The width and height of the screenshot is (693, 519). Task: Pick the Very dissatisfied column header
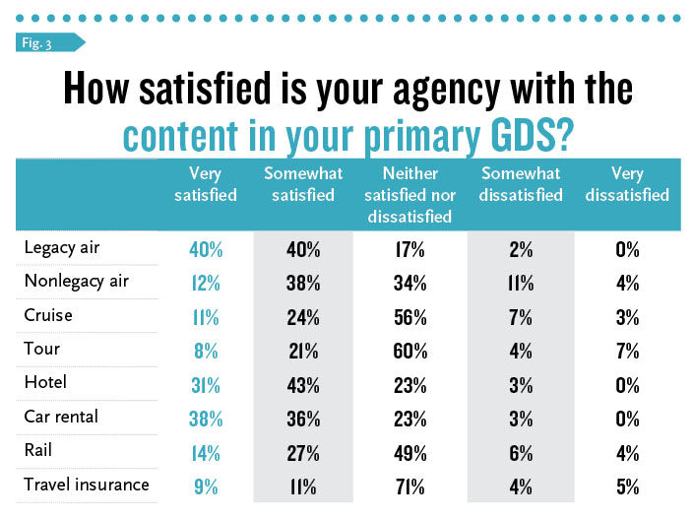pos(627,184)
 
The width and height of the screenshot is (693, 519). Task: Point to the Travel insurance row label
pos(87,484)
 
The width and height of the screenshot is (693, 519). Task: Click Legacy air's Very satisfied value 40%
pos(206,250)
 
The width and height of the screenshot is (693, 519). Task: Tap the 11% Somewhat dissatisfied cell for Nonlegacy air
pos(520,284)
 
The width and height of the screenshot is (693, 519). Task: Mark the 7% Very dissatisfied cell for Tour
pos(627,351)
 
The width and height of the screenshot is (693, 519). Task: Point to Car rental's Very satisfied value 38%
pos(206,418)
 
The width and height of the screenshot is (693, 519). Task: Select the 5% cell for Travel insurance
pos(627,485)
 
